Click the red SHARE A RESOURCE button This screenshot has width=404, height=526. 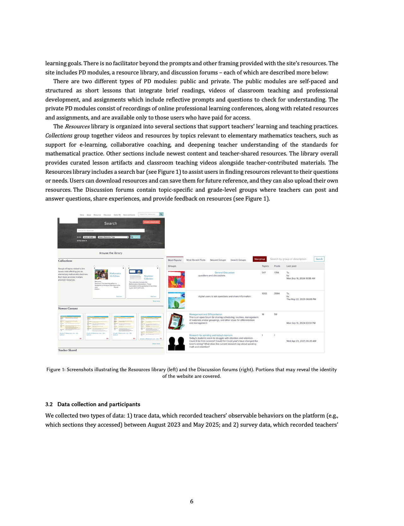pos(151,222)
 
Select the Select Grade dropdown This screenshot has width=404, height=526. pos(89,237)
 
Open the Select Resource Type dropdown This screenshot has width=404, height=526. pos(113,237)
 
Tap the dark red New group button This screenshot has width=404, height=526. pos(259,259)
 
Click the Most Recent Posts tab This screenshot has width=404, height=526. pos(196,260)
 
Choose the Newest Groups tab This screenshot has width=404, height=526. pos(218,260)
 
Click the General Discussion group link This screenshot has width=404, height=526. pos(224,272)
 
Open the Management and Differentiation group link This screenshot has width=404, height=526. pos(205,314)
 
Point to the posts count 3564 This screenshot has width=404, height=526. pos(277,294)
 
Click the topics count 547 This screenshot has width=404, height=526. pos(264,272)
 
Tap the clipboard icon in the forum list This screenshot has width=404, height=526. pos(176,321)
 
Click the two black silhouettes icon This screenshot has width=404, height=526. pos(176,343)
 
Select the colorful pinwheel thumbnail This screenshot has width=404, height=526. pos(176,279)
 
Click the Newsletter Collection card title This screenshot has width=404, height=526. pos(148,278)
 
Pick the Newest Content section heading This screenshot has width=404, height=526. pos(68,308)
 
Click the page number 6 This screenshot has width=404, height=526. pos(192,501)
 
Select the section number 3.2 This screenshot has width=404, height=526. pos(49,404)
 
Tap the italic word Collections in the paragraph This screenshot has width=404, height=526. pos(59,136)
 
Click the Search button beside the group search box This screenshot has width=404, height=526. pos(319,259)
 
